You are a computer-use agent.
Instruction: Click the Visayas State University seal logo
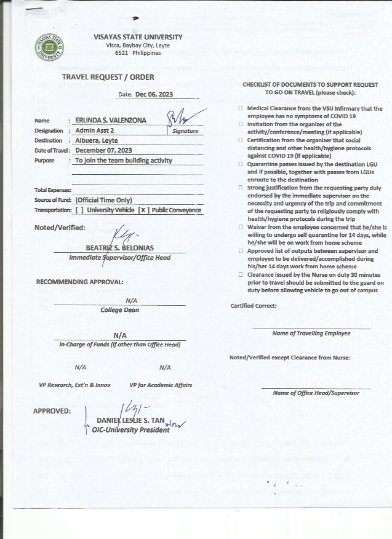click(50, 47)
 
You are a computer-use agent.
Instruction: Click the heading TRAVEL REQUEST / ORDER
click(108, 77)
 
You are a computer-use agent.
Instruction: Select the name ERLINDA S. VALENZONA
click(111, 121)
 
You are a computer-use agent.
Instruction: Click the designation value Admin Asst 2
click(95, 130)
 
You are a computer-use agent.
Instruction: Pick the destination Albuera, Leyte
click(96, 140)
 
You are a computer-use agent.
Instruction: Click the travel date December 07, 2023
click(103, 150)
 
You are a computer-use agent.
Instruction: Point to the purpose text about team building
click(123, 161)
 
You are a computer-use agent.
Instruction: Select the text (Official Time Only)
click(103, 200)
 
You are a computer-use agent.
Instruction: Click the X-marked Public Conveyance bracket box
click(143, 210)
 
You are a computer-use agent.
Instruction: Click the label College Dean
click(119, 310)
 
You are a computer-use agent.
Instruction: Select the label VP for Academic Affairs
click(161, 385)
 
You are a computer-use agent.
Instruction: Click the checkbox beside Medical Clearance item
click(240, 108)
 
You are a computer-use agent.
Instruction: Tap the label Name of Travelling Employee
click(311, 333)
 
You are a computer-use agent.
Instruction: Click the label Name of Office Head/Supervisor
click(316, 393)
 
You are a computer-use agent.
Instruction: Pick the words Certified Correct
click(254, 306)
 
